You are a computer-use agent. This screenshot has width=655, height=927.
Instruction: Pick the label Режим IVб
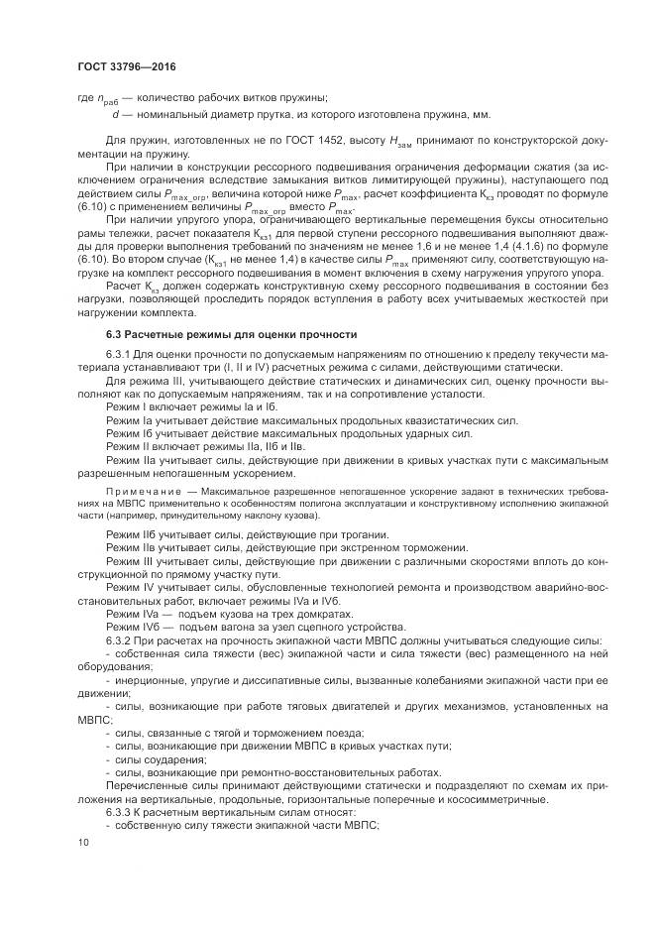[137, 628]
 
